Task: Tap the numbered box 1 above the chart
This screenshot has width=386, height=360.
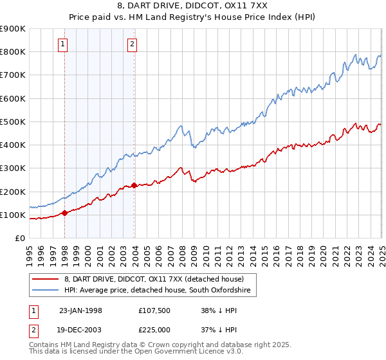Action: click(x=63, y=44)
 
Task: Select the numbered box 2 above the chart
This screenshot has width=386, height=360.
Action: click(x=132, y=44)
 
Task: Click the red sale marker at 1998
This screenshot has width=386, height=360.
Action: click(x=65, y=213)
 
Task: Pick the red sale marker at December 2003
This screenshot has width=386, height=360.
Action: click(x=134, y=186)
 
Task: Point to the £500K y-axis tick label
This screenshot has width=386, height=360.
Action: click(x=13, y=122)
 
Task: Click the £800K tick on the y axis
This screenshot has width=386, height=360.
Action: click(x=13, y=51)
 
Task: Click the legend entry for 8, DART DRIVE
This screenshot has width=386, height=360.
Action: click(x=153, y=279)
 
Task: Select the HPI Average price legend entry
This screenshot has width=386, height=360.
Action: click(x=160, y=291)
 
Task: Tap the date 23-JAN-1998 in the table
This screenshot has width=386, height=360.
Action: click(x=80, y=310)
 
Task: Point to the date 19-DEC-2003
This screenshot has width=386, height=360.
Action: click(x=80, y=329)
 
